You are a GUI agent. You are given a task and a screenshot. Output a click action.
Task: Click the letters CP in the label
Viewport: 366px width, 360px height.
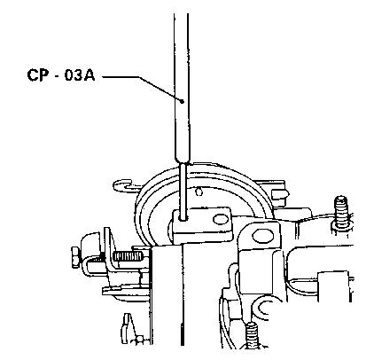point(38,75)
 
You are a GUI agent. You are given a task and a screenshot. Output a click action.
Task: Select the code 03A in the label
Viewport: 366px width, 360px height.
point(80,75)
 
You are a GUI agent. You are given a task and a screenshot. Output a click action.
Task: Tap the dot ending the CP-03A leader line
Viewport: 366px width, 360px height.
point(182,101)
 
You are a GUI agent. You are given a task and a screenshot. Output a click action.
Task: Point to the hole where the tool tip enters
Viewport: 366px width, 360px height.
point(184,219)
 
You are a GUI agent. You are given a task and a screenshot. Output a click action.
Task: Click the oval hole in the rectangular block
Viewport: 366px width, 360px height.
point(219,219)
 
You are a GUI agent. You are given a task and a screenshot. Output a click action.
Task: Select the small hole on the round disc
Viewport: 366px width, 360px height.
point(199,192)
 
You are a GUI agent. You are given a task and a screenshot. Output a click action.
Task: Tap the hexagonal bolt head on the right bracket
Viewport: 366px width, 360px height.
point(262,236)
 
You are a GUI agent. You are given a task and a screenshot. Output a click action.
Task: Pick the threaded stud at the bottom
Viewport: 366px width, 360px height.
point(252,334)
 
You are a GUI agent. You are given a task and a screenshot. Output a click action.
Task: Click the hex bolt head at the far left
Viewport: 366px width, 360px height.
point(75,257)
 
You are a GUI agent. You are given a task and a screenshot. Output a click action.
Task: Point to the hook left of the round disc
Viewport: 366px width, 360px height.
point(123,185)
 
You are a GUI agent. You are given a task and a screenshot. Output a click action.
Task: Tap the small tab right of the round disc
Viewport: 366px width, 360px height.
point(279,194)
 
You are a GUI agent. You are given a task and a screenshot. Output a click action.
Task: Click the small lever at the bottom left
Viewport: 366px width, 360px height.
point(127,327)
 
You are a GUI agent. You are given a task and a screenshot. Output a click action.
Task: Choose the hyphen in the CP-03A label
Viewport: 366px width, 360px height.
point(57,77)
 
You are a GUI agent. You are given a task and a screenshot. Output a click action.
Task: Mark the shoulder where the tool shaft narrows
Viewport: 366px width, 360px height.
point(182,161)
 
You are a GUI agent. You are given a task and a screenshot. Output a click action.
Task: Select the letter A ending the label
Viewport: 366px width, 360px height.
point(89,75)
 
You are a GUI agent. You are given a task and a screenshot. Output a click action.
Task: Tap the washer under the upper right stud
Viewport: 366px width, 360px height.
point(341,224)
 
